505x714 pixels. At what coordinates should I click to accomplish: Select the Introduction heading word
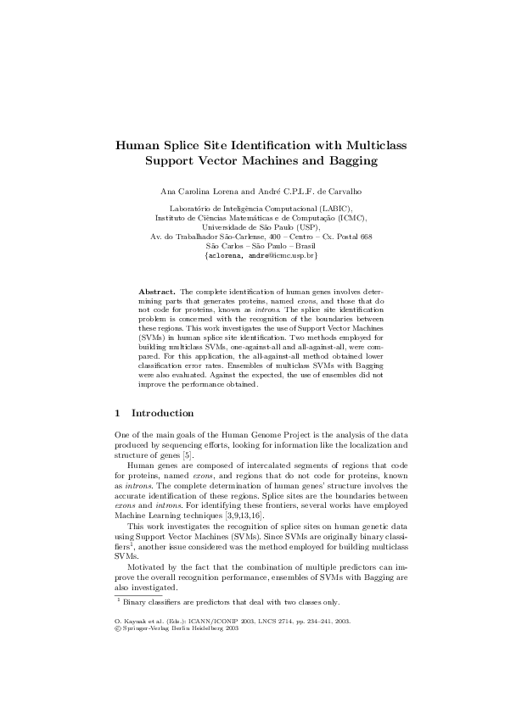pos(162,413)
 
